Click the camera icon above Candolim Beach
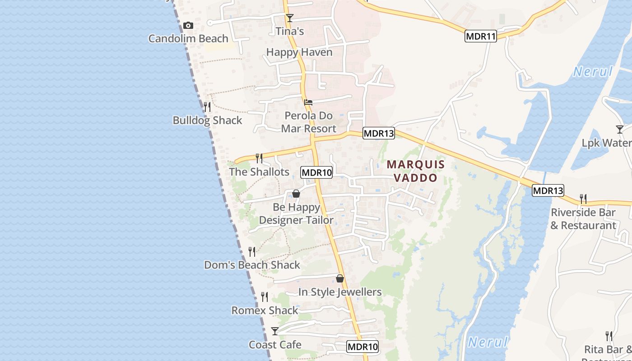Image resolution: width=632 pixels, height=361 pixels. click(188, 26)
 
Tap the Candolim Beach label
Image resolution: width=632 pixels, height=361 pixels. click(188, 38)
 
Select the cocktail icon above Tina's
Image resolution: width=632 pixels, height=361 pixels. click(290, 18)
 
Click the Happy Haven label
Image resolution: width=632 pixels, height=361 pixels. click(299, 52)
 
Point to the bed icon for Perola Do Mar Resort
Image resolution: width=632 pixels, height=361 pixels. click(308, 102)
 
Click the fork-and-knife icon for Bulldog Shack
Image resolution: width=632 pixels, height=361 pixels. click(207, 107)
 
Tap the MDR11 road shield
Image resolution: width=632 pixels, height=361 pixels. click(480, 37)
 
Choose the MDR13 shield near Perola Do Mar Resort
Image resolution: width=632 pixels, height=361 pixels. click(378, 133)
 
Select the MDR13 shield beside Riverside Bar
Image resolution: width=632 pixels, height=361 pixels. click(548, 190)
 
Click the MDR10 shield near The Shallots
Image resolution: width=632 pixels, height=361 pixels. click(316, 172)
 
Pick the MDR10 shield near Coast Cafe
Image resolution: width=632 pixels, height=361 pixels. click(362, 347)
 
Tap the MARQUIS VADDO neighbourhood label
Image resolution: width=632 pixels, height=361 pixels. click(416, 171)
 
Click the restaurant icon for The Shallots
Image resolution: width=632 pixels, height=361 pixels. click(259, 158)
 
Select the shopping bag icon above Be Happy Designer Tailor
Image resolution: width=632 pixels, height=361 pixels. click(296, 194)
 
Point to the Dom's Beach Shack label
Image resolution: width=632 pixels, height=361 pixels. click(252, 265)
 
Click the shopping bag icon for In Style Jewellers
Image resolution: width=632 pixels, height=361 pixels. click(340, 278)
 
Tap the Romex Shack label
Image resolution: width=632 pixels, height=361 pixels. click(265, 310)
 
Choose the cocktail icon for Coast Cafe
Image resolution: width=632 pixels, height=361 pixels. click(275, 331)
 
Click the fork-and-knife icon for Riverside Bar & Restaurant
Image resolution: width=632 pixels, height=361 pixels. click(583, 199)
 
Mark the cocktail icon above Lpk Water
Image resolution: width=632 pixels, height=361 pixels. click(620, 130)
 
